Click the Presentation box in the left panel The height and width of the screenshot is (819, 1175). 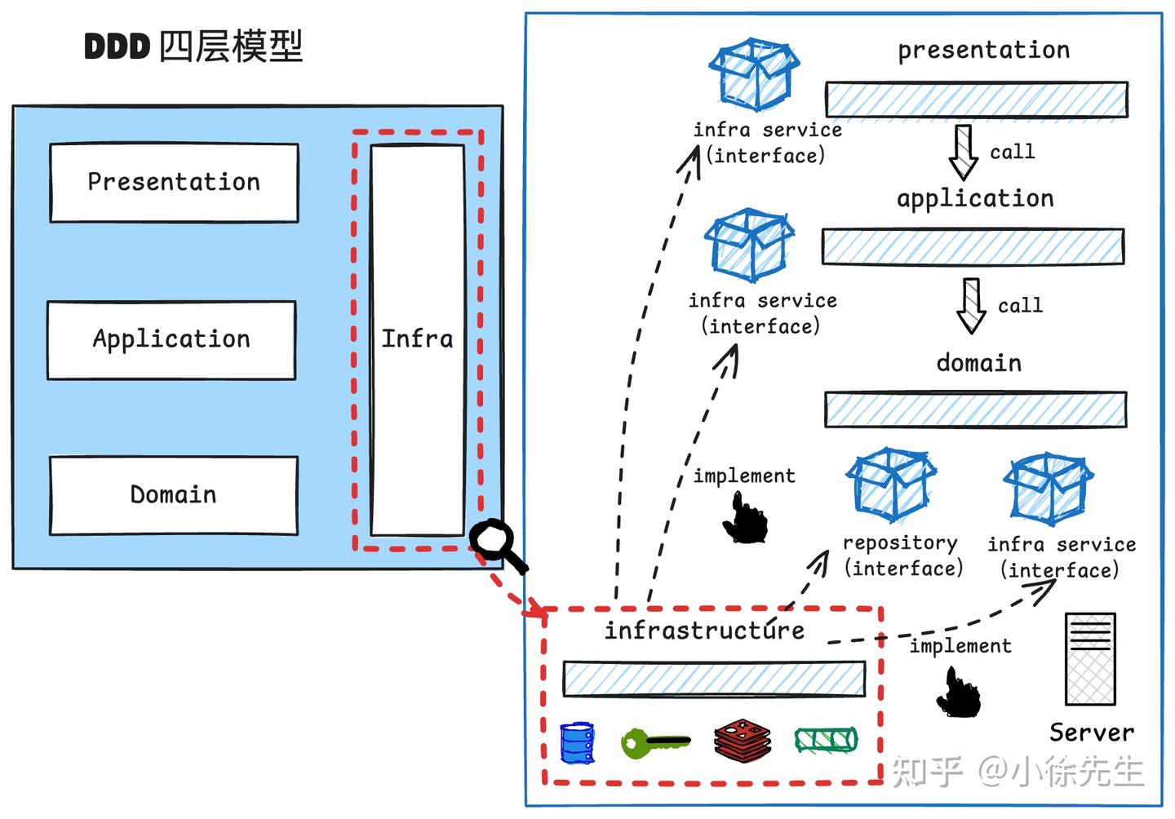pyautogui.click(x=174, y=183)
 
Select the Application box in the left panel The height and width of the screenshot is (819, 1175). pyautogui.click(x=171, y=340)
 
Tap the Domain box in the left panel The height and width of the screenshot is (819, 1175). pyautogui.click(x=173, y=495)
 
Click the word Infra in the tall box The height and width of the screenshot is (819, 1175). pyautogui.click(x=417, y=339)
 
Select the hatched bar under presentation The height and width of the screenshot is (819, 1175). pyautogui.click(x=976, y=100)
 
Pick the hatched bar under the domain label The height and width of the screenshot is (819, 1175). pyautogui.click(x=975, y=409)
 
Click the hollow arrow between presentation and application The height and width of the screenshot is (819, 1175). pyautogui.click(x=964, y=152)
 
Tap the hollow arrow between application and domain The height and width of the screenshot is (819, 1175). pyautogui.click(x=971, y=306)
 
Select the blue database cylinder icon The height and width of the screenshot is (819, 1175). pyautogui.click(x=577, y=742)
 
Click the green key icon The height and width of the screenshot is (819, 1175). pyautogui.click(x=654, y=742)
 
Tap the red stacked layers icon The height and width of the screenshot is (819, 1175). pyautogui.click(x=743, y=741)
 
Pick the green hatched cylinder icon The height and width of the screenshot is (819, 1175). pyautogui.click(x=826, y=740)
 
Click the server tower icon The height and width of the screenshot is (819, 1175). pyautogui.click(x=1090, y=659)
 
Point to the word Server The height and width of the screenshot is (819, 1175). pyautogui.click(x=1091, y=733)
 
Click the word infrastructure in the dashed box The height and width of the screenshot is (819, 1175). pyautogui.click(x=704, y=631)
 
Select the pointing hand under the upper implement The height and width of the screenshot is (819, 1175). pyautogui.click(x=746, y=520)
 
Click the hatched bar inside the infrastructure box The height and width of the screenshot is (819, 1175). pyautogui.click(x=714, y=679)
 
